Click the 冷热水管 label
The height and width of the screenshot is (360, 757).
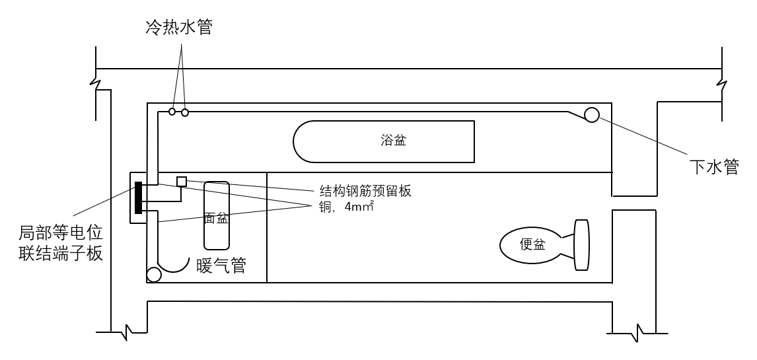pos(179,28)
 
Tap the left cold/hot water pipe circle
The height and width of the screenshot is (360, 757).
pos(172,112)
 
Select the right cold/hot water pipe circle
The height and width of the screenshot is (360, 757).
pos(184,112)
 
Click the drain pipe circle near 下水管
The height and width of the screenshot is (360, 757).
pos(592,115)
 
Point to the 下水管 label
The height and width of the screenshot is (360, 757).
pos(714,167)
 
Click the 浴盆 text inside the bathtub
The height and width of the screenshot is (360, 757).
pos(393,141)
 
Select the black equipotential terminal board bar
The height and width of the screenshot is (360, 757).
pos(139,198)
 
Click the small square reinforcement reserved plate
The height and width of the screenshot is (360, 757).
pos(182,182)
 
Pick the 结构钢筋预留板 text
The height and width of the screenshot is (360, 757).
pos(365,191)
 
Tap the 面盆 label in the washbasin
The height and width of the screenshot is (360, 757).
pos(216,218)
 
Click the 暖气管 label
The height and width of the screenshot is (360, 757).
pos(221,266)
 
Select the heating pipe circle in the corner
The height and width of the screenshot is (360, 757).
pos(153,275)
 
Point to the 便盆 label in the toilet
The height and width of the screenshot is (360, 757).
pos(532,244)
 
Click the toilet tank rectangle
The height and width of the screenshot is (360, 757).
pos(581,245)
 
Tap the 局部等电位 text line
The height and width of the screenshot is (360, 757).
pos(61,234)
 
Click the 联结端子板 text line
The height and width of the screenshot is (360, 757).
pos(61,254)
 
